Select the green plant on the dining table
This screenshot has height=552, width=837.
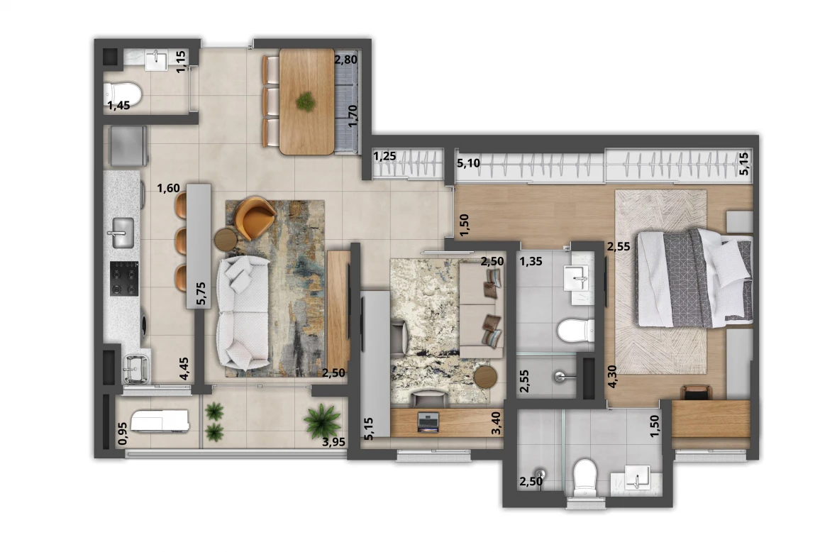(306, 101)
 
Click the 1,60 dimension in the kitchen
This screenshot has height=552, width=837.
(170, 189)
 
